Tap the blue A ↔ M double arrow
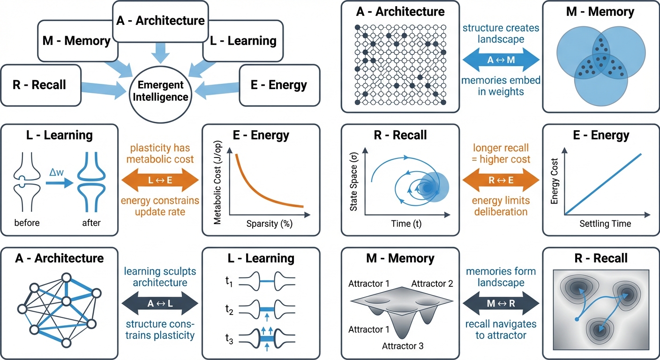click(x=501, y=60)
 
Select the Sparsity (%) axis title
click(x=269, y=223)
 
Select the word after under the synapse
click(x=91, y=223)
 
